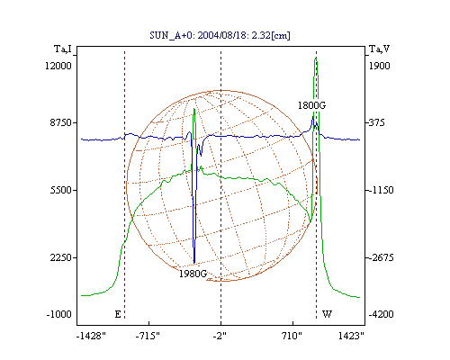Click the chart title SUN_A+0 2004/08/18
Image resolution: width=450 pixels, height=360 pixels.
(x=220, y=35)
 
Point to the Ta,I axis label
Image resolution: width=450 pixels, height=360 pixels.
(x=63, y=49)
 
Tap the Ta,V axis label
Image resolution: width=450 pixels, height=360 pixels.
(x=380, y=49)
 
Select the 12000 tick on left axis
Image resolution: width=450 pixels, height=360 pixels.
(x=58, y=66)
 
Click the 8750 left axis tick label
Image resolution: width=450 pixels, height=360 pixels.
(x=61, y=122)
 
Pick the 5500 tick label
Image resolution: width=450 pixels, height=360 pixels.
(x=61, y=190)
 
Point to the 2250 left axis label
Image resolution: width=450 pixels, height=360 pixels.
(x=61, y=257)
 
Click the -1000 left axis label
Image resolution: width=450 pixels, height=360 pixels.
(x=59, y=314)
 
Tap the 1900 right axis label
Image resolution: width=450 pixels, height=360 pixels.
(x=379, y=66)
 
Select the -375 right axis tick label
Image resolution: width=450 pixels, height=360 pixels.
(x=376, y=122)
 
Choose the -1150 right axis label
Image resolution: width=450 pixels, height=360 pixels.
(x=381, y=190)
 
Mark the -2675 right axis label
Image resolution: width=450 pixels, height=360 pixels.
(x=381, y=257)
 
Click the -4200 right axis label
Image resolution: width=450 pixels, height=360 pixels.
(x=381, y=314)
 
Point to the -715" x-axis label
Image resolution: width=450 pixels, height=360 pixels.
(x=148, y=336)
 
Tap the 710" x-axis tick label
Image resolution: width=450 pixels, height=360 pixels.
(x=292, y=336)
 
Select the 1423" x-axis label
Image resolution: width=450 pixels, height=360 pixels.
(x=351, y=336)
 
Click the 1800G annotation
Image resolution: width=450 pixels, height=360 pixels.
(x=311, y=105)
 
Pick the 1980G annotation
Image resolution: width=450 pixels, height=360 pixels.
(x=193, y=274)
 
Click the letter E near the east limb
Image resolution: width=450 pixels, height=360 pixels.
(x=118, y=314)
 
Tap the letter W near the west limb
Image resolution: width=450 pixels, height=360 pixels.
(x=327, y=314)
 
